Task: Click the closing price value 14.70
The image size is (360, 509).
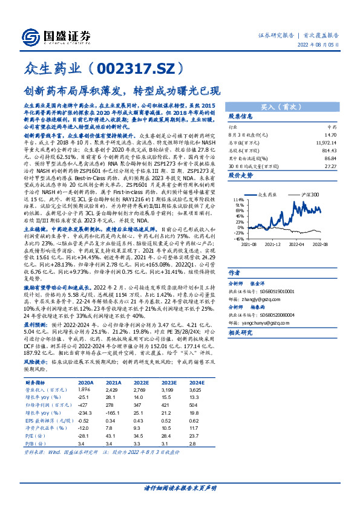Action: pos(330,136)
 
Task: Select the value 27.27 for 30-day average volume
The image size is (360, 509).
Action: pos(330,165)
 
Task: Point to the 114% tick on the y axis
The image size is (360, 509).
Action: pos(238,199)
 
